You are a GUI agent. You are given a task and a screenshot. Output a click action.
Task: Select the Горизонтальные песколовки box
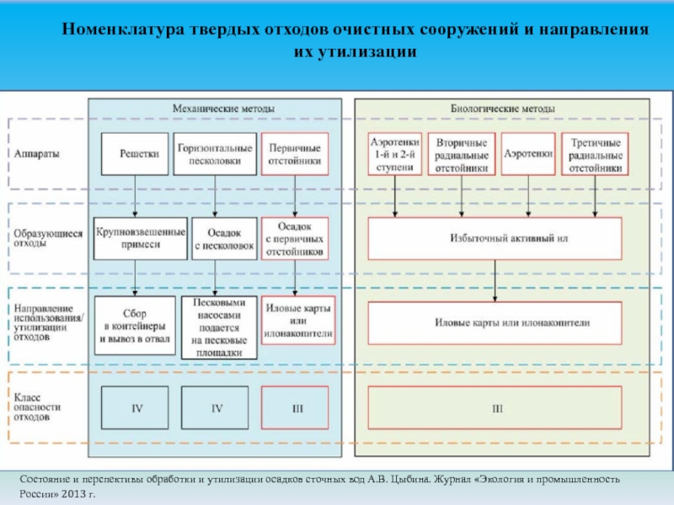pyautogui.click(x=216, y=154)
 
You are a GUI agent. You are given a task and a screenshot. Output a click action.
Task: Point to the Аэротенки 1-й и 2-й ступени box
pyautogui.click(x=394, y=154)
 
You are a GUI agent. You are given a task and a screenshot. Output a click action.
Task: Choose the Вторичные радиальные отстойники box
pyautogui.click(x=461, y=154)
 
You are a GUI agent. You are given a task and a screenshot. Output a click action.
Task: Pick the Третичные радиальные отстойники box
pyautogui.click(x=595, y=154)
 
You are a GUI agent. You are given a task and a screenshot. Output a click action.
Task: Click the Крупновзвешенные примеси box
pyautogui.click(x=139, y=238)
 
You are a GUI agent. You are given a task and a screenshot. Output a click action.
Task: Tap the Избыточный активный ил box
pyautogui.click(x=495, y=238)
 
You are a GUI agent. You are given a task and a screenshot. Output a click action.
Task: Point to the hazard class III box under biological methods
pyautogui.click(x=495, y=409)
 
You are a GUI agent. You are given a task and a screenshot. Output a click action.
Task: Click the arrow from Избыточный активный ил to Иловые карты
pyautogui.click(x=495, y=287)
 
